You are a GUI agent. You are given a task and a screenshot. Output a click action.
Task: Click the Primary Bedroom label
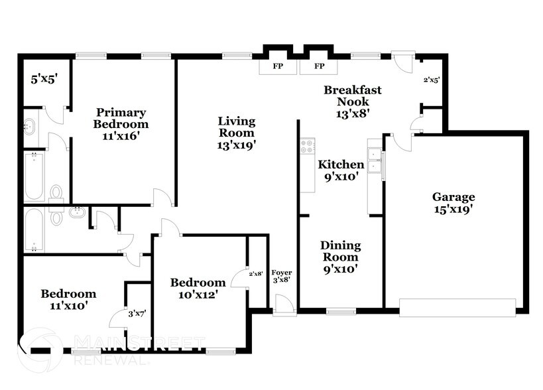pyautogui.click(x=121, y=124)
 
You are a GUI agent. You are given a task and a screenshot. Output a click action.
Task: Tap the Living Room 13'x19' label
pyautogui.click(x=237, y=132)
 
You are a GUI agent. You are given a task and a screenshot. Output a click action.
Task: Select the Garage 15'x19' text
pyautogui.click(x=453, y=202)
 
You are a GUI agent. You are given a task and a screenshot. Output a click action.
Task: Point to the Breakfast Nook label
pyautogui.click(x=352, y=101)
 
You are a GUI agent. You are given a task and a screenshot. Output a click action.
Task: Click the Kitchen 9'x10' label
pyautogui.click(x=341, y=170)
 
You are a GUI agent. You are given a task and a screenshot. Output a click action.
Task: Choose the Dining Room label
pyautogui.click(x=340, y=257)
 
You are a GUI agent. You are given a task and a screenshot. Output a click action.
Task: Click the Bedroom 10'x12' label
pyautogui.click(x=198, y=288)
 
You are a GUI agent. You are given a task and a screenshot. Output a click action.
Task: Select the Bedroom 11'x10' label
pyautogui.click(x=68, y=299)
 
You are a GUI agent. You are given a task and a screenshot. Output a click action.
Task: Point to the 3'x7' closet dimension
pyautogui.click(x=138, y=312)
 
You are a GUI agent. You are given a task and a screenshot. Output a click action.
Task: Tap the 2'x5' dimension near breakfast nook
pyautogui.click(x=431, y=80)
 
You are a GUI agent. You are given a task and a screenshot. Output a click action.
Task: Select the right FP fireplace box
pyautogui.click(x=319, y=67)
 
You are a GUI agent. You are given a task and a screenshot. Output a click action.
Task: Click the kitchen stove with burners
pyautogui.click(x=307, y=147)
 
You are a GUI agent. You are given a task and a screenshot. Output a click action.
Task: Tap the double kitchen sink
pyautogui.click(x=375, y=161)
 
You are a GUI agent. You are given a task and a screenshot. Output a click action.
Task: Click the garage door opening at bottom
pyautogui.click(x=457, y=307)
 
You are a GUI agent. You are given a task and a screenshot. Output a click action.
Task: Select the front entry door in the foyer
pyautogui.click(x=284, y=306)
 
